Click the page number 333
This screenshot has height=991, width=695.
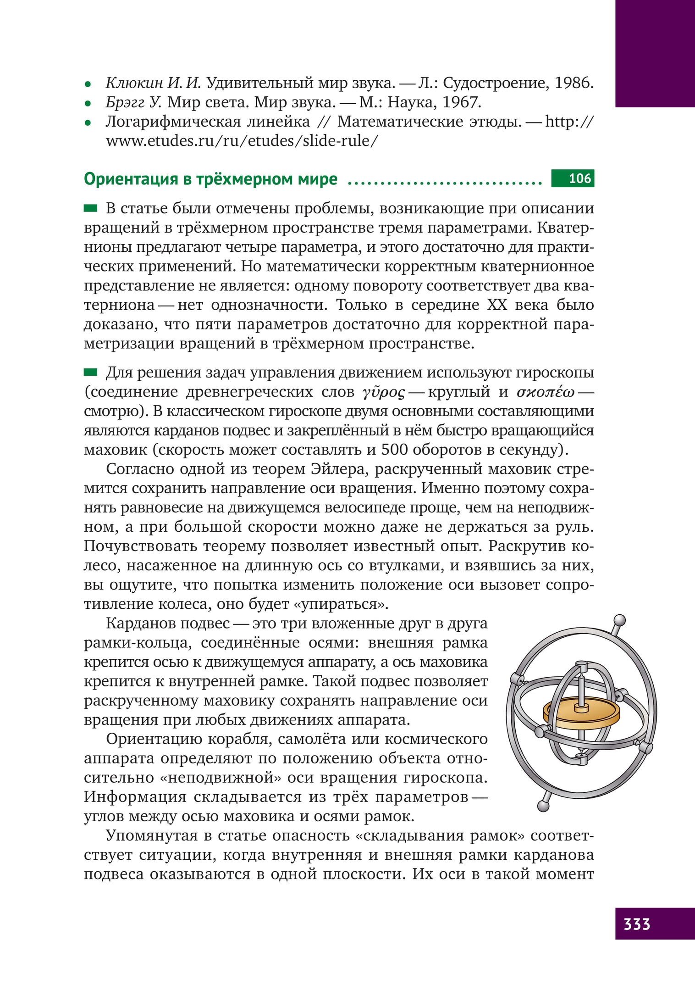tap(637, 923)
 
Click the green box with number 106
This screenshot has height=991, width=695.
tap(573, 178)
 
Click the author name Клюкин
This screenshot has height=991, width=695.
tap(134, 83)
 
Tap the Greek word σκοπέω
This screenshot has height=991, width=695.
tap(545, 393)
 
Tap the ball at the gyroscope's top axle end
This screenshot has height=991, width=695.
tap(619, 621)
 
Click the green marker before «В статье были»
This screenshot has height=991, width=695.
tap(91, 208)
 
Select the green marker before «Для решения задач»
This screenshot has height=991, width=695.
tap(91, 373)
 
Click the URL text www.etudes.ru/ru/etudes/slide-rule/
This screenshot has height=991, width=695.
tap(242, 141)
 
